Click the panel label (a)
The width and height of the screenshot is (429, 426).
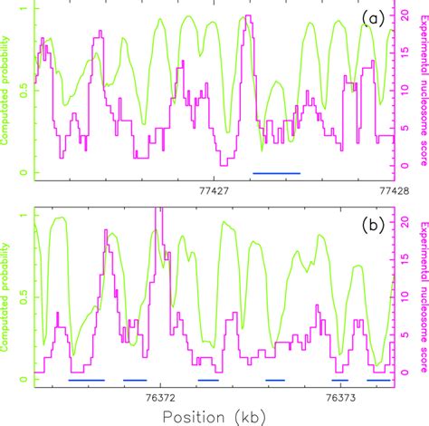point(374,18)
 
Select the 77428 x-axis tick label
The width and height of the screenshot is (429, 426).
point(378,190)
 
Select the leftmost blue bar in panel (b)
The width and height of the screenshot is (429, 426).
point(86,380)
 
